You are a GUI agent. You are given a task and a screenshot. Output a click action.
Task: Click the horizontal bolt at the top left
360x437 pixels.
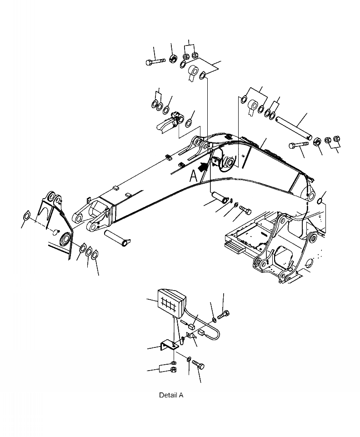point(154,62)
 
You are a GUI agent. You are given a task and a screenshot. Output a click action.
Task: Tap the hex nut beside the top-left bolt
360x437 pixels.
point(173,59)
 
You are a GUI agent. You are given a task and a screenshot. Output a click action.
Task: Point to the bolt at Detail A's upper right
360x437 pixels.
point(225,313)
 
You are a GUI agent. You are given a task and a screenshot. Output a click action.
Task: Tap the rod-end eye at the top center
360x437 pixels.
point(194,72)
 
